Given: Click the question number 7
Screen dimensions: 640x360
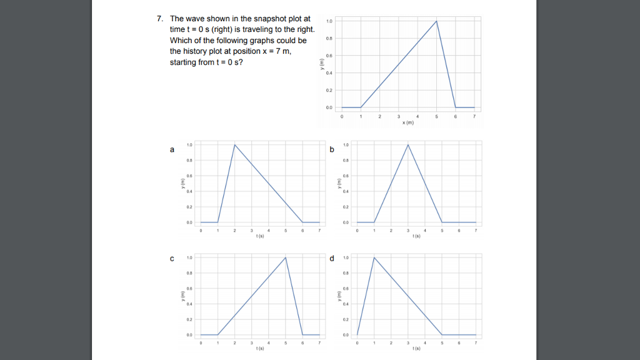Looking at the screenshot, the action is (160, 18).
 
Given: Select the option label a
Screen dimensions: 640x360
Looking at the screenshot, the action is (172, 150).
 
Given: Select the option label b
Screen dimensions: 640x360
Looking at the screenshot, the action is (332, 150).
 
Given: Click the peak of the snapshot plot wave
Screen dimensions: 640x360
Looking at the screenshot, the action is (436, 21).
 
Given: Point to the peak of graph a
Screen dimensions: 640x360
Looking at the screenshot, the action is (234, 145).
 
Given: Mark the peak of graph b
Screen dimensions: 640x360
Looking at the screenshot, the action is (408, 145).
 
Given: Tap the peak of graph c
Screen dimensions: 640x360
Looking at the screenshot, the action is (286, 257).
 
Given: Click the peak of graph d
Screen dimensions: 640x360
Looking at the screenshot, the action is (374, 257).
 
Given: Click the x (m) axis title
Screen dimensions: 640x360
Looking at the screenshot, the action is (407, 123).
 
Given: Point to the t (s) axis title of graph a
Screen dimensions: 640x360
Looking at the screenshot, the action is (259, 236).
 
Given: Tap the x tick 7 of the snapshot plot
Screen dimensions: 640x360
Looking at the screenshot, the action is (474, 116).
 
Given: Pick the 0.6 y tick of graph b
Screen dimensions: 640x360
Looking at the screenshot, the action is (346, 176).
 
